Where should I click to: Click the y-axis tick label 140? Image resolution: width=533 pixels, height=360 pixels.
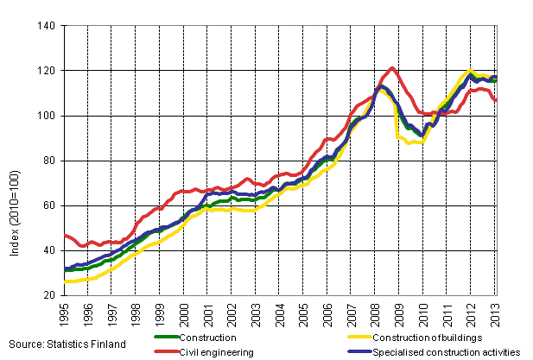tap(48, 26)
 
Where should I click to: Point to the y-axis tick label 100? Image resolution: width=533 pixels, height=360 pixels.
tap(48, 116)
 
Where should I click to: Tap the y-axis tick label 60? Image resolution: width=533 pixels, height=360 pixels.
tap(51, 205)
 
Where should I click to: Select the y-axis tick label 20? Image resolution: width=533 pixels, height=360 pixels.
tap(51, 295)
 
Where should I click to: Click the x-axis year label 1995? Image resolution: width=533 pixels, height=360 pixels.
tap(64, 313)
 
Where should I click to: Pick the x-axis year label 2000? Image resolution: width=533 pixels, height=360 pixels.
tap(184, 313)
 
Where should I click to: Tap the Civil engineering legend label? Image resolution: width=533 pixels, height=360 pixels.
tap(217, 352)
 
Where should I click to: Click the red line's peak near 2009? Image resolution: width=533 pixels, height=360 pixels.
tap(392, 68)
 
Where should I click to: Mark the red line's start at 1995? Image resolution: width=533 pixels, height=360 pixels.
tap(66, 235)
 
